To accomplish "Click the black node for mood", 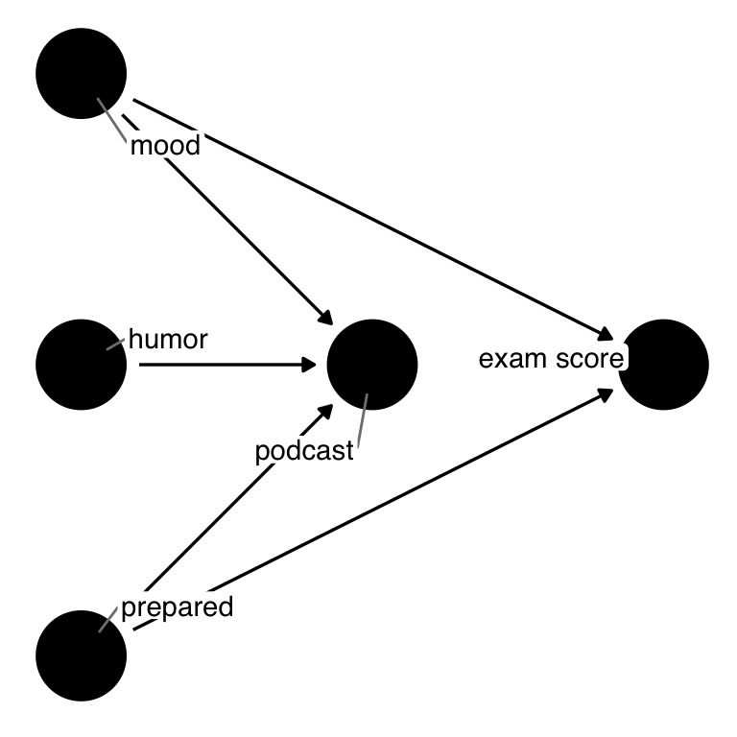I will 81,73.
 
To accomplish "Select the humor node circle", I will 81,365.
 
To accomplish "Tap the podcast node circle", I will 372,365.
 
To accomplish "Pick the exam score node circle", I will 664,365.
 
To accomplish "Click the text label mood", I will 165,147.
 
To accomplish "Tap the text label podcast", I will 305,451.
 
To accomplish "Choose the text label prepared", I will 177,606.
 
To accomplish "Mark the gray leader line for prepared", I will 109,620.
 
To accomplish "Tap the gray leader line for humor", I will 116,343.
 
